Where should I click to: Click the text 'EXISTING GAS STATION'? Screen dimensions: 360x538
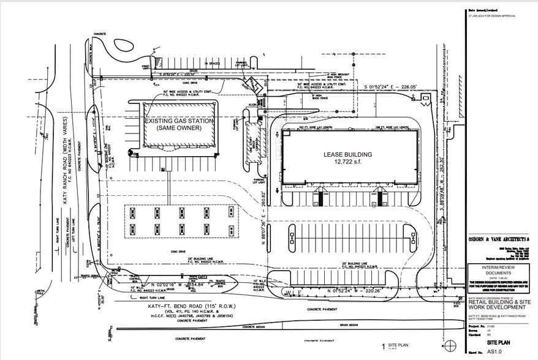(x=178, y=122)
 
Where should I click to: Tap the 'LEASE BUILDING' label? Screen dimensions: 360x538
(x=347, y=155)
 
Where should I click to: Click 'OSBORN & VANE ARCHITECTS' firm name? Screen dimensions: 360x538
(x=494, y=239)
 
